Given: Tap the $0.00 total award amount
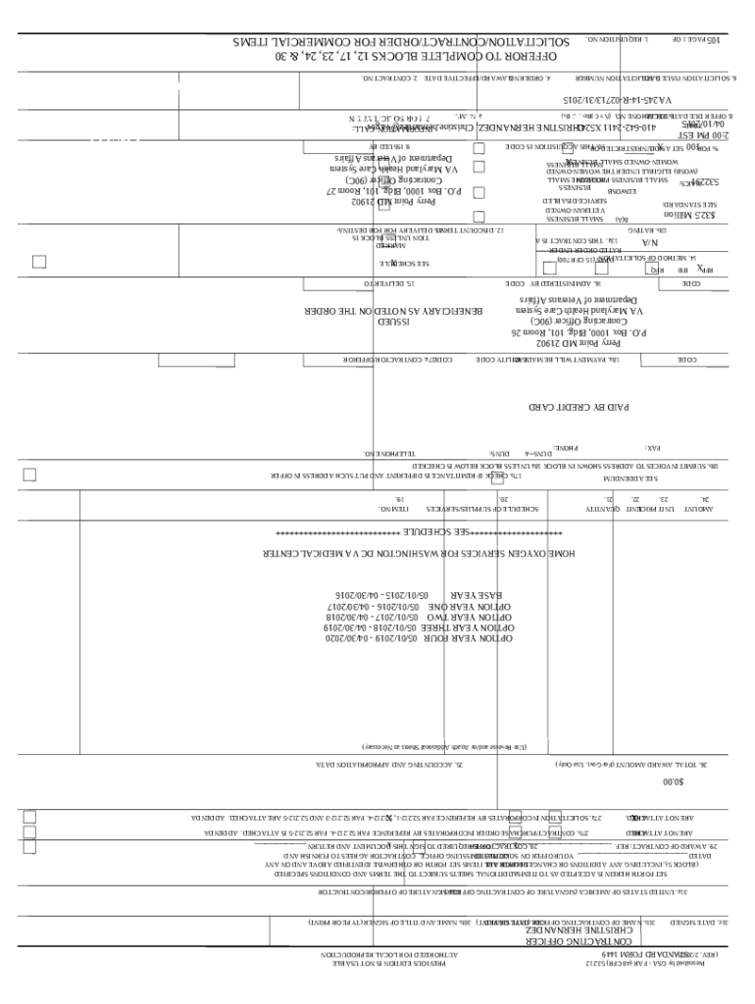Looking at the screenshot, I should coord(671,781).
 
